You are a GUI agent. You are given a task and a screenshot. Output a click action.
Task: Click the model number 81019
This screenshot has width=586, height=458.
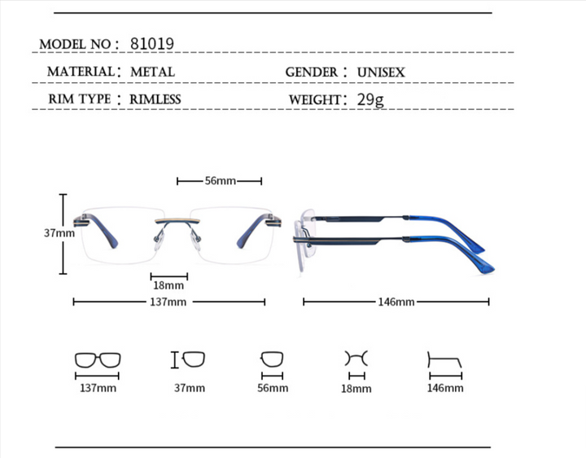152,44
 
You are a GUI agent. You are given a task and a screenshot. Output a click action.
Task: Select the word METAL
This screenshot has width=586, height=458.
152,72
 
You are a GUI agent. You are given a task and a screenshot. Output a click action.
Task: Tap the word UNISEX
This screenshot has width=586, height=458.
381,73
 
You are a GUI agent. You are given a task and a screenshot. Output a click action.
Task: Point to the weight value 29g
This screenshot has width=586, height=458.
370,99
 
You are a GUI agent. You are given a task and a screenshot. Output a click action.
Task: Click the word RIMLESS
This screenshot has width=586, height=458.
155,99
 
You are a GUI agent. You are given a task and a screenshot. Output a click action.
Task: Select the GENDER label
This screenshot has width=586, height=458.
311,73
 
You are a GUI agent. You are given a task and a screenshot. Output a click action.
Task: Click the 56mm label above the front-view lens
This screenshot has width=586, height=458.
220,181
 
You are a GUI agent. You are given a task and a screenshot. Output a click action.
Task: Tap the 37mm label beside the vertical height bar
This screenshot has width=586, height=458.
59,233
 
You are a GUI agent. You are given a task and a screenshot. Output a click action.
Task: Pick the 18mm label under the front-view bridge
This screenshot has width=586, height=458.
168,285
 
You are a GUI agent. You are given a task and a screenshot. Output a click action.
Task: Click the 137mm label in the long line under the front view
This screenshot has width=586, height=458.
168,302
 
